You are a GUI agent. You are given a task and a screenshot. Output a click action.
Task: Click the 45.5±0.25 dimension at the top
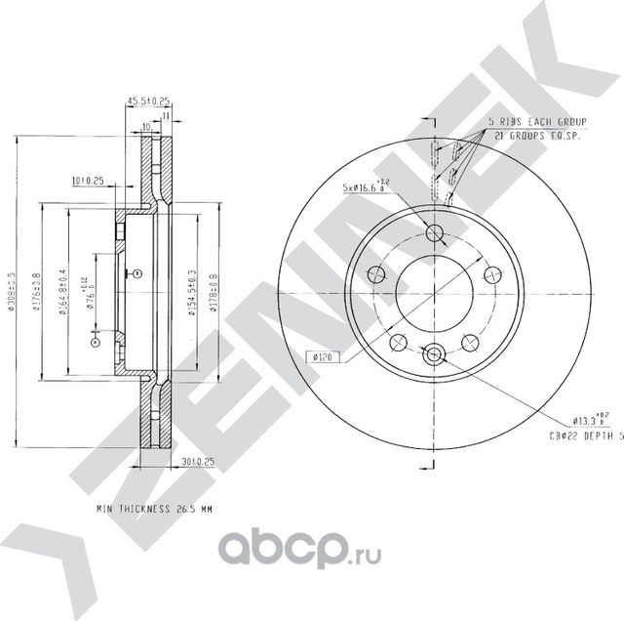tap(148, 101)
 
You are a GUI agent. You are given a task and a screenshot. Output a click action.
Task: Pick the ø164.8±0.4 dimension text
tap(62, 291)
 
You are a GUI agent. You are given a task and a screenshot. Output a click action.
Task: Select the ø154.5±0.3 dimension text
tap(192, 291)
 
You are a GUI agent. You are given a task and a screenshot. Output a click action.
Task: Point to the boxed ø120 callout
tap(324, 357)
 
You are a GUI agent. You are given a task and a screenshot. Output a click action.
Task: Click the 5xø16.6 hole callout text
tap(368, 185)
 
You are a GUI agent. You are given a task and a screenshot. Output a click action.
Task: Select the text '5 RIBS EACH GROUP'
tap(535, 123)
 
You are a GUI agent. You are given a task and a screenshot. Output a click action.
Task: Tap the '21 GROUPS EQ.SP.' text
tap(537, 136)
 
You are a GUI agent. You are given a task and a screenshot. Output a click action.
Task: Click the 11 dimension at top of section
tap(167, 116)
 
